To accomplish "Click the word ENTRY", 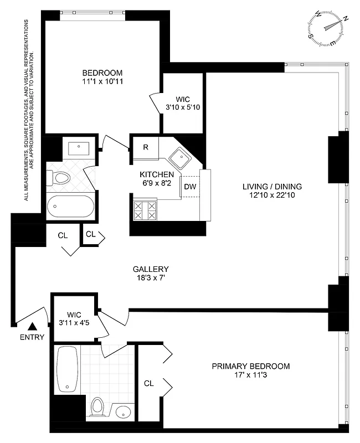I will pos(32,337).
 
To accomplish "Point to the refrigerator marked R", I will pos(145,147).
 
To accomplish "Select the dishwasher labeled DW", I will pos(189,186).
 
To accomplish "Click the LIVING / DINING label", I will pos(272,186).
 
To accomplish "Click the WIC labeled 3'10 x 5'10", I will pos(182,102).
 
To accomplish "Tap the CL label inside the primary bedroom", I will pos(148,383).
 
